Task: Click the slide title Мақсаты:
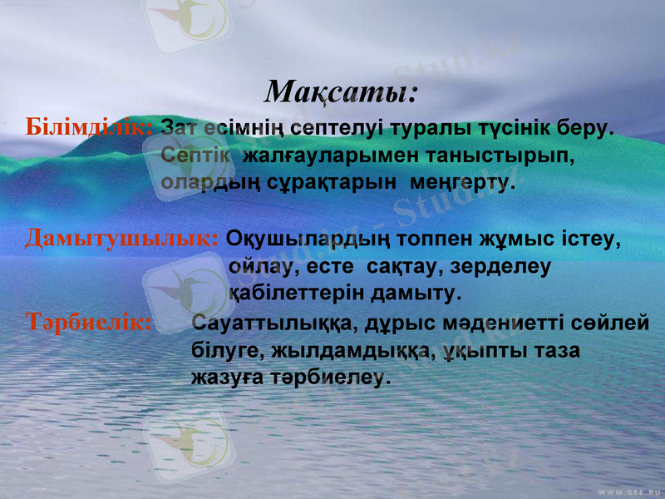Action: coord(341,89)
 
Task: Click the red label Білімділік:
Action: coord(89,128)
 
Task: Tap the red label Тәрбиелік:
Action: coord(89,323)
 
